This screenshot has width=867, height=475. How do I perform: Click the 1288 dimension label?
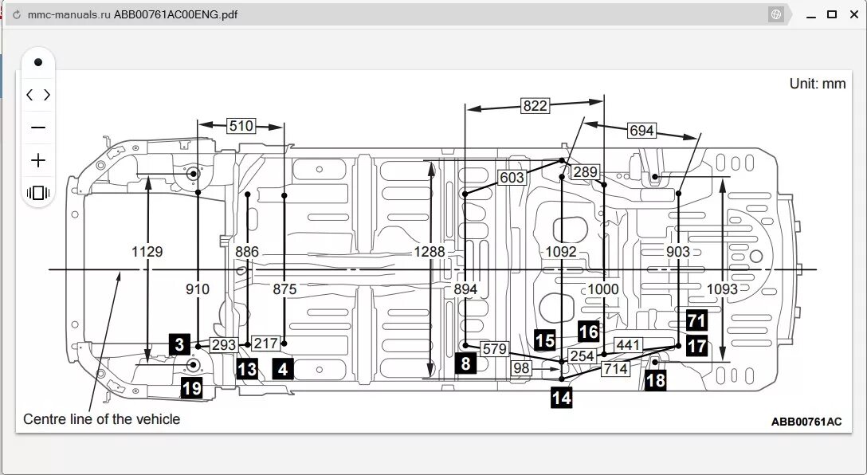point(430,252)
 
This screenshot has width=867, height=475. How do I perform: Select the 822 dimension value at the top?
point(535,105)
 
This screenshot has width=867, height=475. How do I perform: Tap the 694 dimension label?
point(641,131)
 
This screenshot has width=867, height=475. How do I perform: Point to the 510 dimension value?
point(241,125)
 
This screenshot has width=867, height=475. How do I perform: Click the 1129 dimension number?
point(147,252)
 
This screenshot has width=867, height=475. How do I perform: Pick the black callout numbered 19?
point(191,388)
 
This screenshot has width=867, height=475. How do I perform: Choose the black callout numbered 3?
point(179,344)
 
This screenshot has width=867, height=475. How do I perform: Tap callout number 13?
point(247,369)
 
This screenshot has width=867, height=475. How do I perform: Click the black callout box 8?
point(465,364)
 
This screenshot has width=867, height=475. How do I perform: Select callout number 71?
point(696,321)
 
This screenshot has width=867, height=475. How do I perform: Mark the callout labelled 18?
point(655,380)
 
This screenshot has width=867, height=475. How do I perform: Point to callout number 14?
point(561,397)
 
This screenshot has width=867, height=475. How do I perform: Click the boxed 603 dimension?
point(512,178)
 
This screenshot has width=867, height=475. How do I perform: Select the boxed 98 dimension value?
point(521,368)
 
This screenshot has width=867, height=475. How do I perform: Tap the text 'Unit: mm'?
point(818,84)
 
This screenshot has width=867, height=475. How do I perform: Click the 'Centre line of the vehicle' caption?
point(102,419)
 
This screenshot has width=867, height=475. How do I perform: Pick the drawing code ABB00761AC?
point(806,422)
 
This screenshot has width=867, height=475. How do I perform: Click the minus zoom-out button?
point(37,128)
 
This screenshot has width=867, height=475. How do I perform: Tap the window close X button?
point(852,14)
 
